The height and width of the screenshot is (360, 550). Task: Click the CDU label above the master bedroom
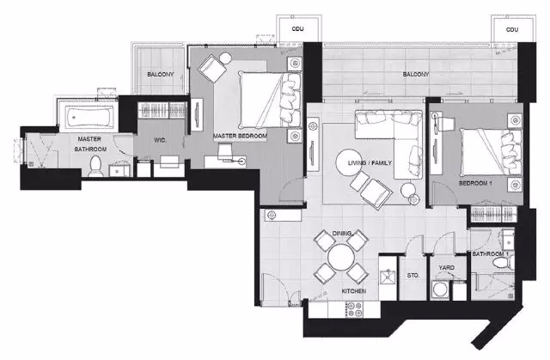(298, 28)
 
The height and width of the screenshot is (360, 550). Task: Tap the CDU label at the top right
(512, 30)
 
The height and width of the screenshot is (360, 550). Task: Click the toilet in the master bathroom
(95, 166)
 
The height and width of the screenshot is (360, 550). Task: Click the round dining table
(340, 257)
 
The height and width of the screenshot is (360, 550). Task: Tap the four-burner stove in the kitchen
(354, 309)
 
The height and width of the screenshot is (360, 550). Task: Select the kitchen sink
(388, 277)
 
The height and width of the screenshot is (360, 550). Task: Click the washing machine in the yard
(440, 290)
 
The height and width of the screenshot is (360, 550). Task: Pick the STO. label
(412, 276)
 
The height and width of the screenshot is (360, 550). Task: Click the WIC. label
(160, 140)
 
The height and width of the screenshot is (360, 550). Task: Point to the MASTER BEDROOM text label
(240, 136)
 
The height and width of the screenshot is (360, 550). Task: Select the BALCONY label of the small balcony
(161, 74)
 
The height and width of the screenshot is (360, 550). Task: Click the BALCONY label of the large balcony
(416, 74)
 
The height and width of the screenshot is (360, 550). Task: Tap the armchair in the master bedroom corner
(212, 69)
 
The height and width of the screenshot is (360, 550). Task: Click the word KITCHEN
(354, 291)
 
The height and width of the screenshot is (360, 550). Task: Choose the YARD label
(446, 267)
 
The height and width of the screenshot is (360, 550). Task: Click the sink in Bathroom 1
(508, 239)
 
